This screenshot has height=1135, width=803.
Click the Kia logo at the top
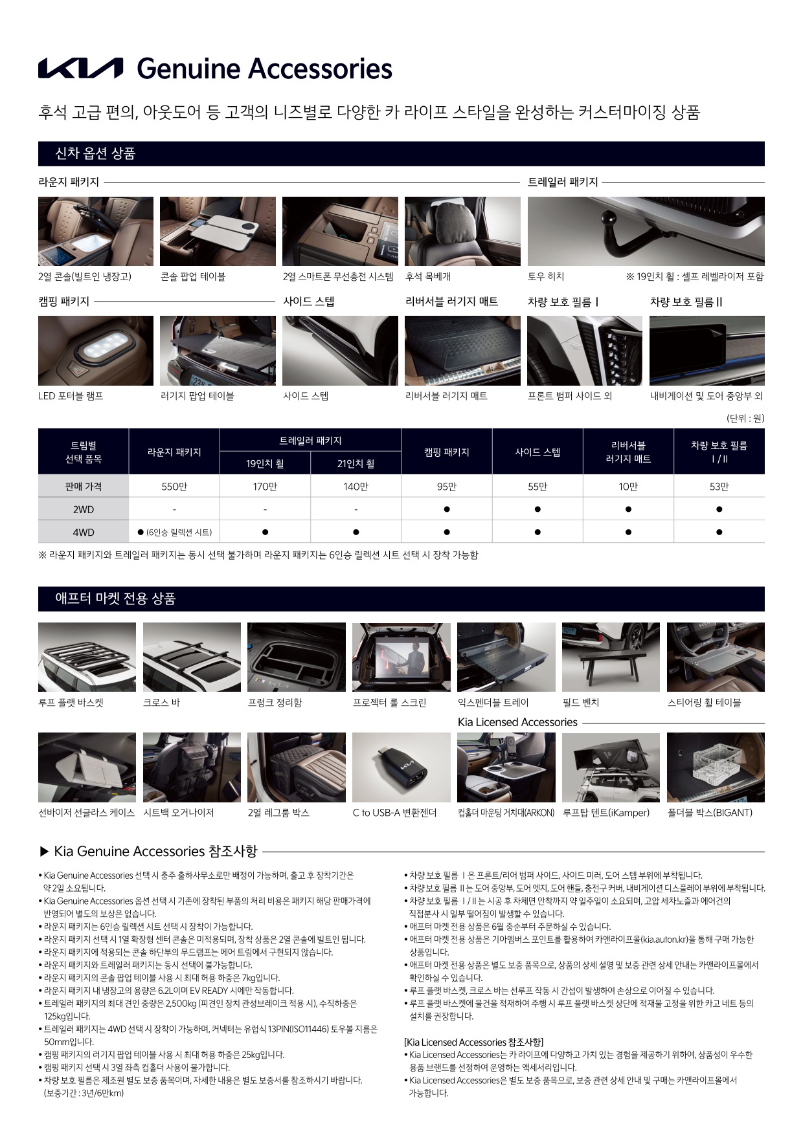[x=81, y=68]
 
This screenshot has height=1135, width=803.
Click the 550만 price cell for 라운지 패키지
[x=174, y=487]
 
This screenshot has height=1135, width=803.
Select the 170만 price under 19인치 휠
[x=265, y=487]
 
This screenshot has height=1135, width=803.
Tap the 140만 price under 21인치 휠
[x=356, y=487]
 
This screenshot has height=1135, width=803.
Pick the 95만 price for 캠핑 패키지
[x=447, y=487]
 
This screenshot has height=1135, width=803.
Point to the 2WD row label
[x=84, y=510]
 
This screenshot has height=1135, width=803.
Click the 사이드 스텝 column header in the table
[x=537, y=452]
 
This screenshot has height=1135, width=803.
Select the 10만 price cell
[x=628, y=487]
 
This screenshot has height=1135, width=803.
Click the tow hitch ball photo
[x=646, y=231]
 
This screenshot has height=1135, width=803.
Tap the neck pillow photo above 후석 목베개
[x=462, y=231]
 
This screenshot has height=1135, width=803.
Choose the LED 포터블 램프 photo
[x=96, y=351]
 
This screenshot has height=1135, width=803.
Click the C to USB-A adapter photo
[x=401, y=767]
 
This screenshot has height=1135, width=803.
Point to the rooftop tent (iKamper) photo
[x=611, y=767]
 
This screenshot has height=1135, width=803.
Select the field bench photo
[x=611, y=657]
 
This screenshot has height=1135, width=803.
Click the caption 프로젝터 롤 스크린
[x=389, y=703]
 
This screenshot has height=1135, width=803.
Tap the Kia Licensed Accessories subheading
[x=517, y=722]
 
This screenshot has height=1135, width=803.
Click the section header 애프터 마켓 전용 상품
[x=115, y=599]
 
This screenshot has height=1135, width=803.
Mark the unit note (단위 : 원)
[x=745, y=418]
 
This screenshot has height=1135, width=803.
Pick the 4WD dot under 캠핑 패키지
[x=447, y=533]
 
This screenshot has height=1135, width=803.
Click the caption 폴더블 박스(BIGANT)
[x=710, y=813]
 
